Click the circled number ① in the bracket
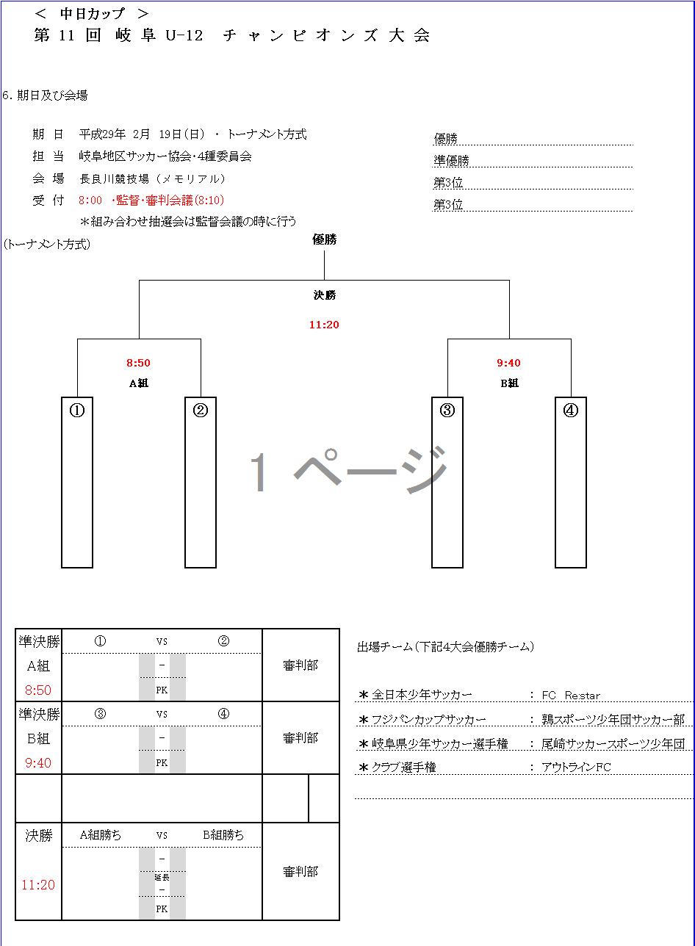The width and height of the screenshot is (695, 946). coord(77,411)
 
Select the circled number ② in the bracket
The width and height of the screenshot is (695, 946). coord(201,411)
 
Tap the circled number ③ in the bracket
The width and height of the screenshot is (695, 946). coord(447,411)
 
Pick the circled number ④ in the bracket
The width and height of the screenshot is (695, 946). coord(571,411)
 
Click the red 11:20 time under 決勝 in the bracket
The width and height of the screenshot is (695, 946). coord(324,325)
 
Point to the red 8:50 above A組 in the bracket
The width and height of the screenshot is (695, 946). coord(139,363)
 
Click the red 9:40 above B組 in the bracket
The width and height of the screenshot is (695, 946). coord(509,363)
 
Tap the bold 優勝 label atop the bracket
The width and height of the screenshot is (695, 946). coord(324,239)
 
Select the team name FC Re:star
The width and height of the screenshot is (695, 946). coord(571,696)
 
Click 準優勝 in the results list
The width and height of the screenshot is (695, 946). coord(451,161)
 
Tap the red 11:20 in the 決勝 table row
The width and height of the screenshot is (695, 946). coord(38,885)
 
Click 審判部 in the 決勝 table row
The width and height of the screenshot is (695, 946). coord(300,872)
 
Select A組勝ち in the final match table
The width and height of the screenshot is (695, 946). coord(101,835)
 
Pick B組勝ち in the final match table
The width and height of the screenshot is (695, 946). coord(223,835)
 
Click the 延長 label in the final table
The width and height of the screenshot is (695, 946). coord(162,877)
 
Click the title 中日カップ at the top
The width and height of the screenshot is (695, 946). coord(93,14)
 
